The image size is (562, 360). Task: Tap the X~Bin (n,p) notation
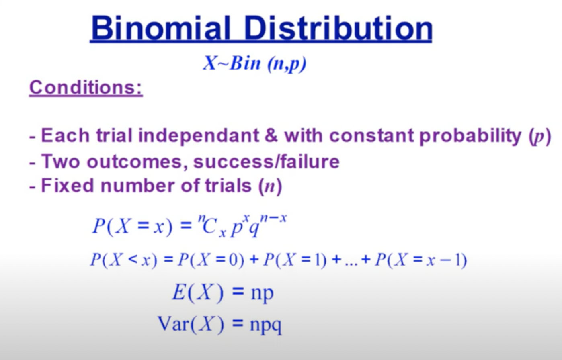[255, 63]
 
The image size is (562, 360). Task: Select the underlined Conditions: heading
[86, 88]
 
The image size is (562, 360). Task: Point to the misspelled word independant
[199, 136]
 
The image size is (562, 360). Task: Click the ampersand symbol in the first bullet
[271, 136]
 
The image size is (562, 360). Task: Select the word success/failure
[267, 162]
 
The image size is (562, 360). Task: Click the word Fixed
[67, 186]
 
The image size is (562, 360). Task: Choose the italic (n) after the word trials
[270, 186]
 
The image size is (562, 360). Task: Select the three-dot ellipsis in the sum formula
[351, 264]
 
